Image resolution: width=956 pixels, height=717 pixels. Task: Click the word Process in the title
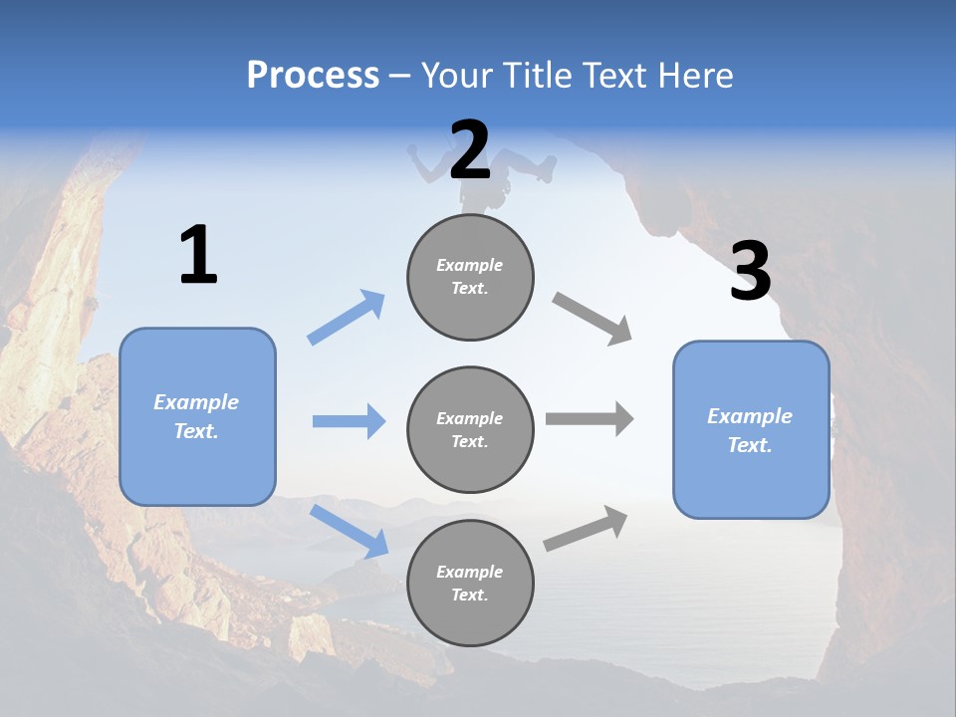pos(313,76)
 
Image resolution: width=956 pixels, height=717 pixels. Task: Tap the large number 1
pos(198,256)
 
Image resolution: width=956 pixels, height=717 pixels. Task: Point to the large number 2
pos(470,150)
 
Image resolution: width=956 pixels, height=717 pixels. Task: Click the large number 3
pos(750,272)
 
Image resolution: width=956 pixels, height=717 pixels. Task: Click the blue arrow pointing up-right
pos(347,318)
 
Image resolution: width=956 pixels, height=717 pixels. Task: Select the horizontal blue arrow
pos(349,421)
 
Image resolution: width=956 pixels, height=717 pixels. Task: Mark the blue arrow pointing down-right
pos(349,530)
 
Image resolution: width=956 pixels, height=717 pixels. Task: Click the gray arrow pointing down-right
pos(592,319)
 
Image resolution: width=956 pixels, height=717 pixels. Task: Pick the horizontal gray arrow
pos(590,419)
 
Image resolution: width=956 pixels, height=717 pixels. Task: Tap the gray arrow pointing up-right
pos(586,529)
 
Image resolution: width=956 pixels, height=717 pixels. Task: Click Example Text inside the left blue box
pos(196,416)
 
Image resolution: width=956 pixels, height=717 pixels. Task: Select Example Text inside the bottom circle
pos(469,583)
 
